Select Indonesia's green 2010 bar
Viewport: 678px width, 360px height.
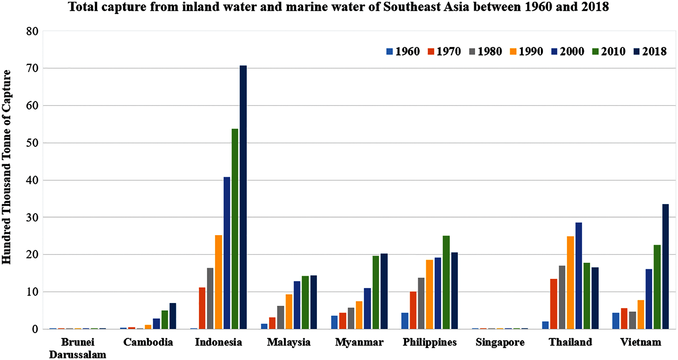(235, 229)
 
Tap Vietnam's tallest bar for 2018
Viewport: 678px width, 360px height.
(665, 266)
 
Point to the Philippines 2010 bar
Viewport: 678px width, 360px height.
(446, 282)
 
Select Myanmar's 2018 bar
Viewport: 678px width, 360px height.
(384, 291)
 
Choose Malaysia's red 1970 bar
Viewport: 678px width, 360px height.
(272, 323)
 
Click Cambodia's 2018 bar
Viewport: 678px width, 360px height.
(173, 316)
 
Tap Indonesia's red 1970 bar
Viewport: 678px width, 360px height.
(202, 308)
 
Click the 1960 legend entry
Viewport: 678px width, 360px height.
(403, 51)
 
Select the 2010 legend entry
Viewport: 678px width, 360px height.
(609, 51)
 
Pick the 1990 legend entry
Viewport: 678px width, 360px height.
(527, 51)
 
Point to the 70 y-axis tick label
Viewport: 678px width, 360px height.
(32, 68)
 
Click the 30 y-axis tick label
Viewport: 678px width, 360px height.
(32, 217)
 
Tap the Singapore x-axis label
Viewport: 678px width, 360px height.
(500, 342)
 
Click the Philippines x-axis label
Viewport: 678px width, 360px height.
(430, 342)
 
